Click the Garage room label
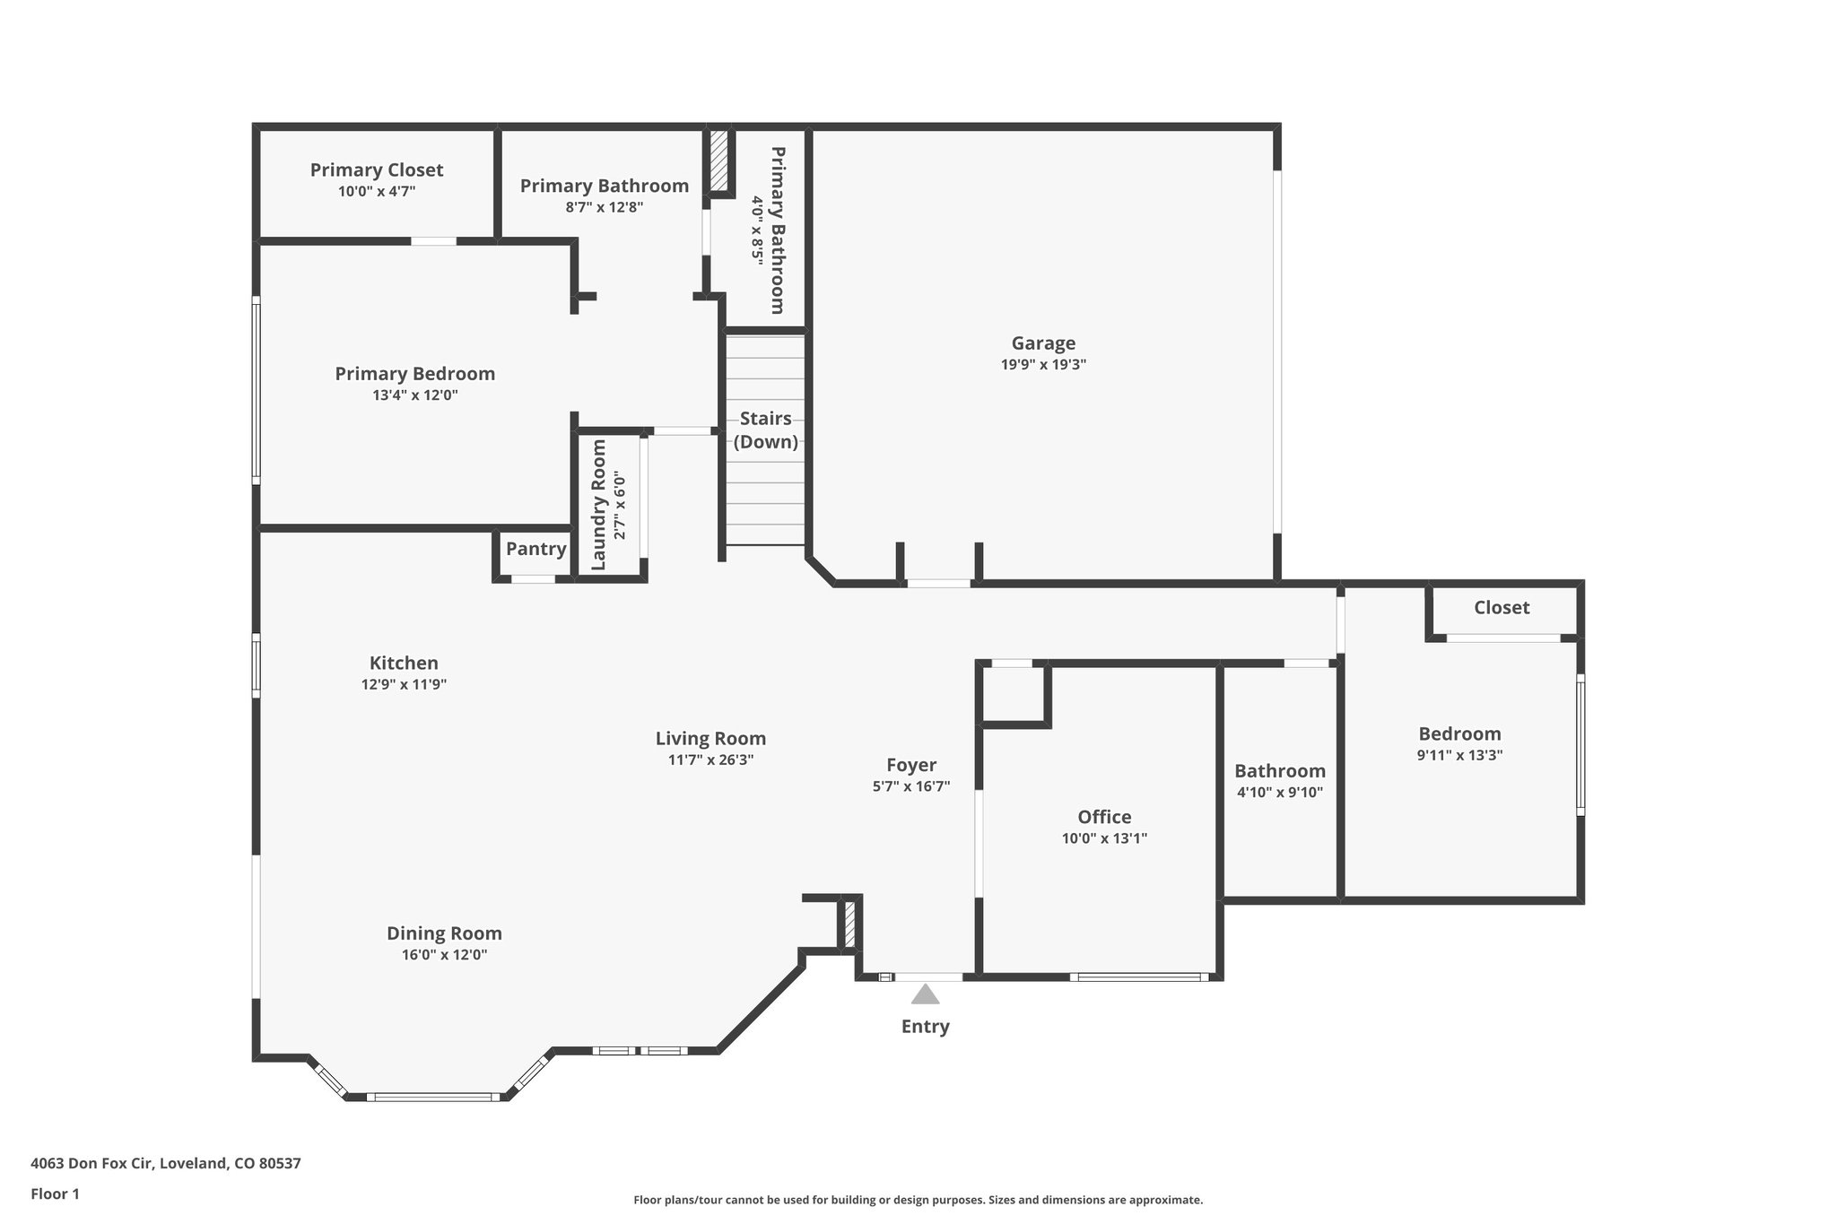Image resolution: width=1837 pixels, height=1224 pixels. (1043, 343)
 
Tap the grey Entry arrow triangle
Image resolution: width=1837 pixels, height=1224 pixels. (925, 994)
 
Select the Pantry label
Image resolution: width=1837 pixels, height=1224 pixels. (535, 549)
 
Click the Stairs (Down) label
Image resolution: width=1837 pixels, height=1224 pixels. (766, 430)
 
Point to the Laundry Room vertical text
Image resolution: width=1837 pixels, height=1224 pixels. (599, 504)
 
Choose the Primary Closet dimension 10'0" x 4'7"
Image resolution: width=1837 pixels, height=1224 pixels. (377, 191)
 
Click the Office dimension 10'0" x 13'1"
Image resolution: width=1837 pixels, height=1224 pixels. (1104, 838)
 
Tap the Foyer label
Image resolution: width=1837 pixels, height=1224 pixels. (911, 765)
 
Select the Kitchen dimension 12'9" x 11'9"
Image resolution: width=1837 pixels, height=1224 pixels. (404, 684)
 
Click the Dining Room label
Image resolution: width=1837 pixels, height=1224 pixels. (444, 933)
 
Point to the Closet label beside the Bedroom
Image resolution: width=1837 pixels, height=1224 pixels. (1502, 607)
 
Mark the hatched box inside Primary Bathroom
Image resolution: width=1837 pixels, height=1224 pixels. (718, 160)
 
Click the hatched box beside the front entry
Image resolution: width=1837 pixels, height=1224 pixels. (849, 924)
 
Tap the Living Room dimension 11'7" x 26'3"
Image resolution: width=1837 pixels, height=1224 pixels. (710, 760)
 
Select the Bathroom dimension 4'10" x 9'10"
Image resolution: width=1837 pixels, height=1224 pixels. (1280, 792)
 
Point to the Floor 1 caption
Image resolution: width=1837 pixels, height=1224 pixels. (56, 1194)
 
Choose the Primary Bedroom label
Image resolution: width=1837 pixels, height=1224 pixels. (414, 373)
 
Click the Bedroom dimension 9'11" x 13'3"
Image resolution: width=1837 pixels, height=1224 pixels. (1459, 755)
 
